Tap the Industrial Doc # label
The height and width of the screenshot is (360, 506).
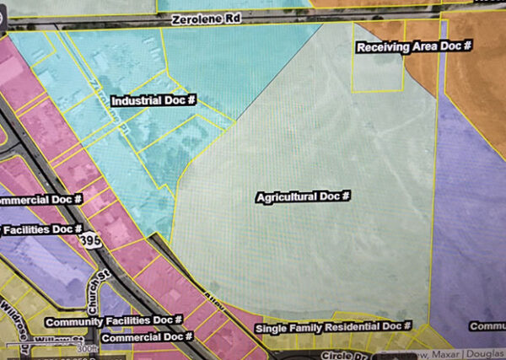point(153,99)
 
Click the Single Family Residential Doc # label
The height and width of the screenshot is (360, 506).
point(332,326)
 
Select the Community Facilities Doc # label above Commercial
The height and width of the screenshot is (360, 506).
point(114,321)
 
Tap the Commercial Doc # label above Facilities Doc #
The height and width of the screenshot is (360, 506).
point(40,200)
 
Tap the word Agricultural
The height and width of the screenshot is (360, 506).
point(287,196)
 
